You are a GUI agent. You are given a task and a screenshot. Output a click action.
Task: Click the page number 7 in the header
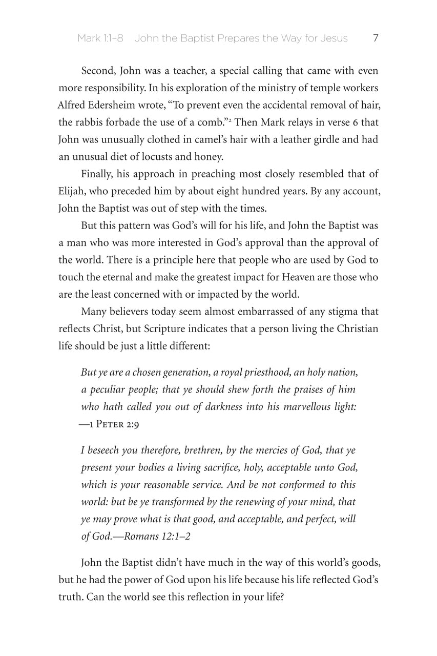click(x=376, y=38)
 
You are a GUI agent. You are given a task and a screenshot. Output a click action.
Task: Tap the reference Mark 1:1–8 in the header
click(x=100, y=38)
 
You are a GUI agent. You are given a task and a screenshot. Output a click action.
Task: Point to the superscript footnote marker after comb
click(x=231, y=120)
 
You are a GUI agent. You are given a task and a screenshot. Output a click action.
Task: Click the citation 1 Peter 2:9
click(x=106, y=424)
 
